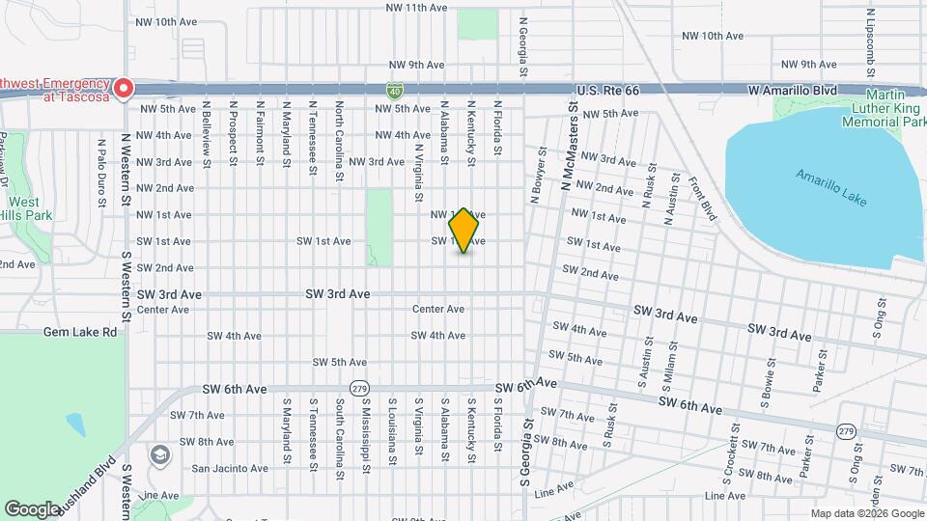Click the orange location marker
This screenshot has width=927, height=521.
click(464, 231)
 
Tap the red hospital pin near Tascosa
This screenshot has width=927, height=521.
click(124, 89)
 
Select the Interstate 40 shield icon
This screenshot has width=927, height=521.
click(396, 91)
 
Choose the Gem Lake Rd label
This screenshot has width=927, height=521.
click(80, 332)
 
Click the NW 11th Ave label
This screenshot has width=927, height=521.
click(416, 8)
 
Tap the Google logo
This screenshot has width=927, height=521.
click(32, 508)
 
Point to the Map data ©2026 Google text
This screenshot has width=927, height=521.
click(866, 513)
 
